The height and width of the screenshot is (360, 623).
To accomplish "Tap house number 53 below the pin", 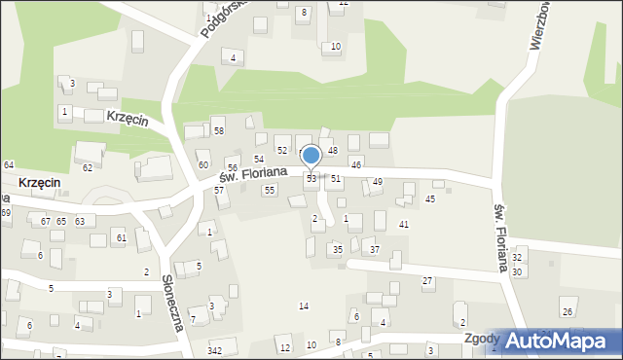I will pos(311,179).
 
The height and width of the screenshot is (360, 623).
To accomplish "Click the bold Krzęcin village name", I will pos(39,183).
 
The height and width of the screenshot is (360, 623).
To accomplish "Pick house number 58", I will pos(219,130).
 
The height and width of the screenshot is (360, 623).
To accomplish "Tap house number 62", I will pos(87,167).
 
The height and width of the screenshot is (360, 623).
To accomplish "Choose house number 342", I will pos(215,350).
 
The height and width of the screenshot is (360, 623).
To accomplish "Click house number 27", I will pos(427,281).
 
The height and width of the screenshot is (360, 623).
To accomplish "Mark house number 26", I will pos(568,311).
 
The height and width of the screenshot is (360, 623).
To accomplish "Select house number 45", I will pos(430,199).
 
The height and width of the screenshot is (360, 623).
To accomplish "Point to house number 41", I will pos(404,225).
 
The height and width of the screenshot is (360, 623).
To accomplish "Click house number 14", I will pos(304,306).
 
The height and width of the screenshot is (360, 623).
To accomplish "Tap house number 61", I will pos(121,237).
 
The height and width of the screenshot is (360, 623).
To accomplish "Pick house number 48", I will pos(332,150).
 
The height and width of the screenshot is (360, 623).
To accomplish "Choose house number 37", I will pos(375,250).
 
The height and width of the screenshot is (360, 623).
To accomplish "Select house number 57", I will pos(219,190).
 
